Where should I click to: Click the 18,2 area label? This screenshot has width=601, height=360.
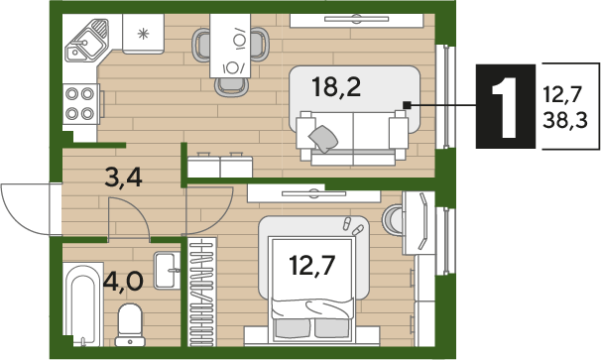pos(336,86)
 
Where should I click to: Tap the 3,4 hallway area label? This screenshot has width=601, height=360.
pos(123,178)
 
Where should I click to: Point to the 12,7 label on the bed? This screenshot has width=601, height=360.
pos(312,266)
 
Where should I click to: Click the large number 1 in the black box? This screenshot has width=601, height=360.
pos(506,106)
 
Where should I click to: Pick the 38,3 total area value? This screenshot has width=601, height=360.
pos(565,120)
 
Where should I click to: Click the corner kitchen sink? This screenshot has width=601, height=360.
pos(86,41)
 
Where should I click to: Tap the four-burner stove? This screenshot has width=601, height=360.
pos(81,103)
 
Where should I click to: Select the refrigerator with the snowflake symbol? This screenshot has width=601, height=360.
pos(144,34)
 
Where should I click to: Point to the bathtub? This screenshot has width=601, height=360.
pos(83,304)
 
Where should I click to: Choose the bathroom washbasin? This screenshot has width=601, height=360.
pos(168,271)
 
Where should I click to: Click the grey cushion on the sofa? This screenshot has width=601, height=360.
pos(323,139)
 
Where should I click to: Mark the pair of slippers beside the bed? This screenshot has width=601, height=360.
pos(352,226)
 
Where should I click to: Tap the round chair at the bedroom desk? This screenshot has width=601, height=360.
pos(392,220)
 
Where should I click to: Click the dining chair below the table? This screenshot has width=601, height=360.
pos(231,87)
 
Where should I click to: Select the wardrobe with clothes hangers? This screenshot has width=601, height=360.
pos(202,292)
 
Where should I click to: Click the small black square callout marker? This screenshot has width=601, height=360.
pos(407,104)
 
